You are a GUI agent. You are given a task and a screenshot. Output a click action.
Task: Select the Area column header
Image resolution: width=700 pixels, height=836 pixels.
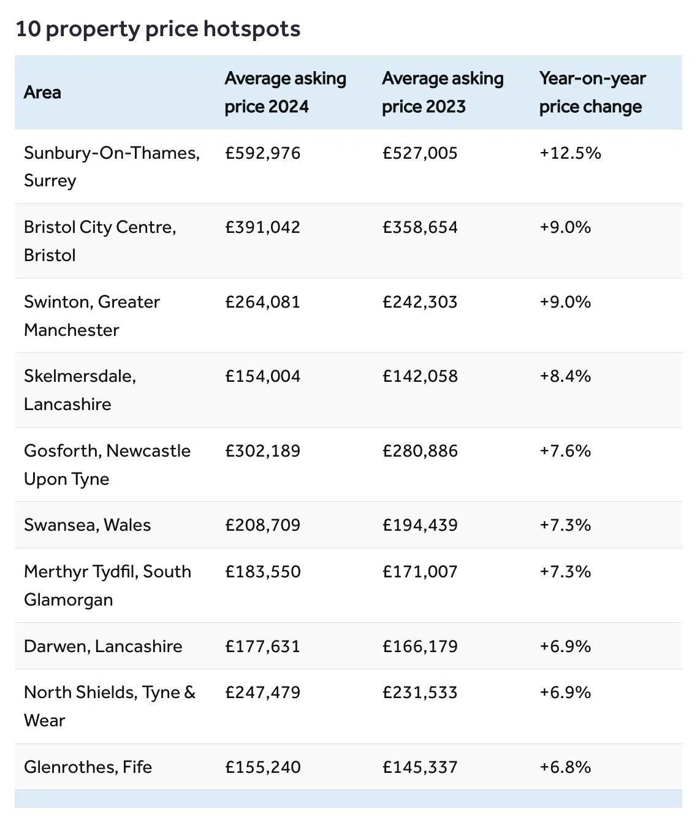[x=42, y=93]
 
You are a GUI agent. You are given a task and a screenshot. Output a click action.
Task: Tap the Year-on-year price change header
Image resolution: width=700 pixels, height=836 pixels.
[x=592, y=93]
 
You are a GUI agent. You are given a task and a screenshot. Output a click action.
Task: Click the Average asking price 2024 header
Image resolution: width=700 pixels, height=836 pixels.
[x=285, y=93]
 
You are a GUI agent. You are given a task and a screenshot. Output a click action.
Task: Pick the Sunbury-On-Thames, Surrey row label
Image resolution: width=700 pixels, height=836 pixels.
[x=112, y=166]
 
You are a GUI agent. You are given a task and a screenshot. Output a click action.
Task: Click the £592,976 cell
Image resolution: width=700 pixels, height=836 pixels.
[x=263, y=153]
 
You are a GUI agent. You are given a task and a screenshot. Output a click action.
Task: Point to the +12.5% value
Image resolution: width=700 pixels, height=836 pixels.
[x=570, y=153]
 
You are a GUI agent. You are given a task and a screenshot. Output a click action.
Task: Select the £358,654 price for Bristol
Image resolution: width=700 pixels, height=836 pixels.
[x=420, y=227]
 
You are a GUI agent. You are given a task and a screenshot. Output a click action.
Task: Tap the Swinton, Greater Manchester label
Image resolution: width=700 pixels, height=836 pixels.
[x=92, y=316]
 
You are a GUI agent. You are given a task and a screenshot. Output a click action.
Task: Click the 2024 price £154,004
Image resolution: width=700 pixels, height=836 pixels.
[x=263, y=376]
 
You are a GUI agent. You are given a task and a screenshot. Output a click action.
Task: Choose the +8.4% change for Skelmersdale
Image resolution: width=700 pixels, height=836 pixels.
[x=565, y=376]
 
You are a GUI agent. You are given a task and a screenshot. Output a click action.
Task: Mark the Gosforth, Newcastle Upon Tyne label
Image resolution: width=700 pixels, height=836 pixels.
[x=107, y=465]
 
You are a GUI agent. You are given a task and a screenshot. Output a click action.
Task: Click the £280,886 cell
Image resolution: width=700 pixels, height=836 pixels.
[x=420, y=451]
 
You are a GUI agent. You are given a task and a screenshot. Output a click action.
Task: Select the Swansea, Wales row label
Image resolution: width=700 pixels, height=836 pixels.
[x=87, y=525]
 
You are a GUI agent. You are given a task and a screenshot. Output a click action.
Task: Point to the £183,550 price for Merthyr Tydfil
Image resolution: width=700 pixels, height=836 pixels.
[x=263, y=572]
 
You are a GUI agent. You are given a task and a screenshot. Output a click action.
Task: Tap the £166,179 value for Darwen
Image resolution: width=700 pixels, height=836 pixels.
[x=420, y=647]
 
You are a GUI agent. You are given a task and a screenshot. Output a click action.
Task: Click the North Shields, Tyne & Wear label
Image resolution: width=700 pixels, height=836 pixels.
[x=110, y=706]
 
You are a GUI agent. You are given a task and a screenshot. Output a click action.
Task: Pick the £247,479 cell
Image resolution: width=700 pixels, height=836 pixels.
[x=263, y=693]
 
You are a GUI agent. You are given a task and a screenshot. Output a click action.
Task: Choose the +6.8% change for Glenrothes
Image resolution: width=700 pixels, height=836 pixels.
[x=565, y=767]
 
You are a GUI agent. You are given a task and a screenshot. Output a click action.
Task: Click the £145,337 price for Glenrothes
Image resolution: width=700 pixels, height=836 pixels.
[x=420, y=767]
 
